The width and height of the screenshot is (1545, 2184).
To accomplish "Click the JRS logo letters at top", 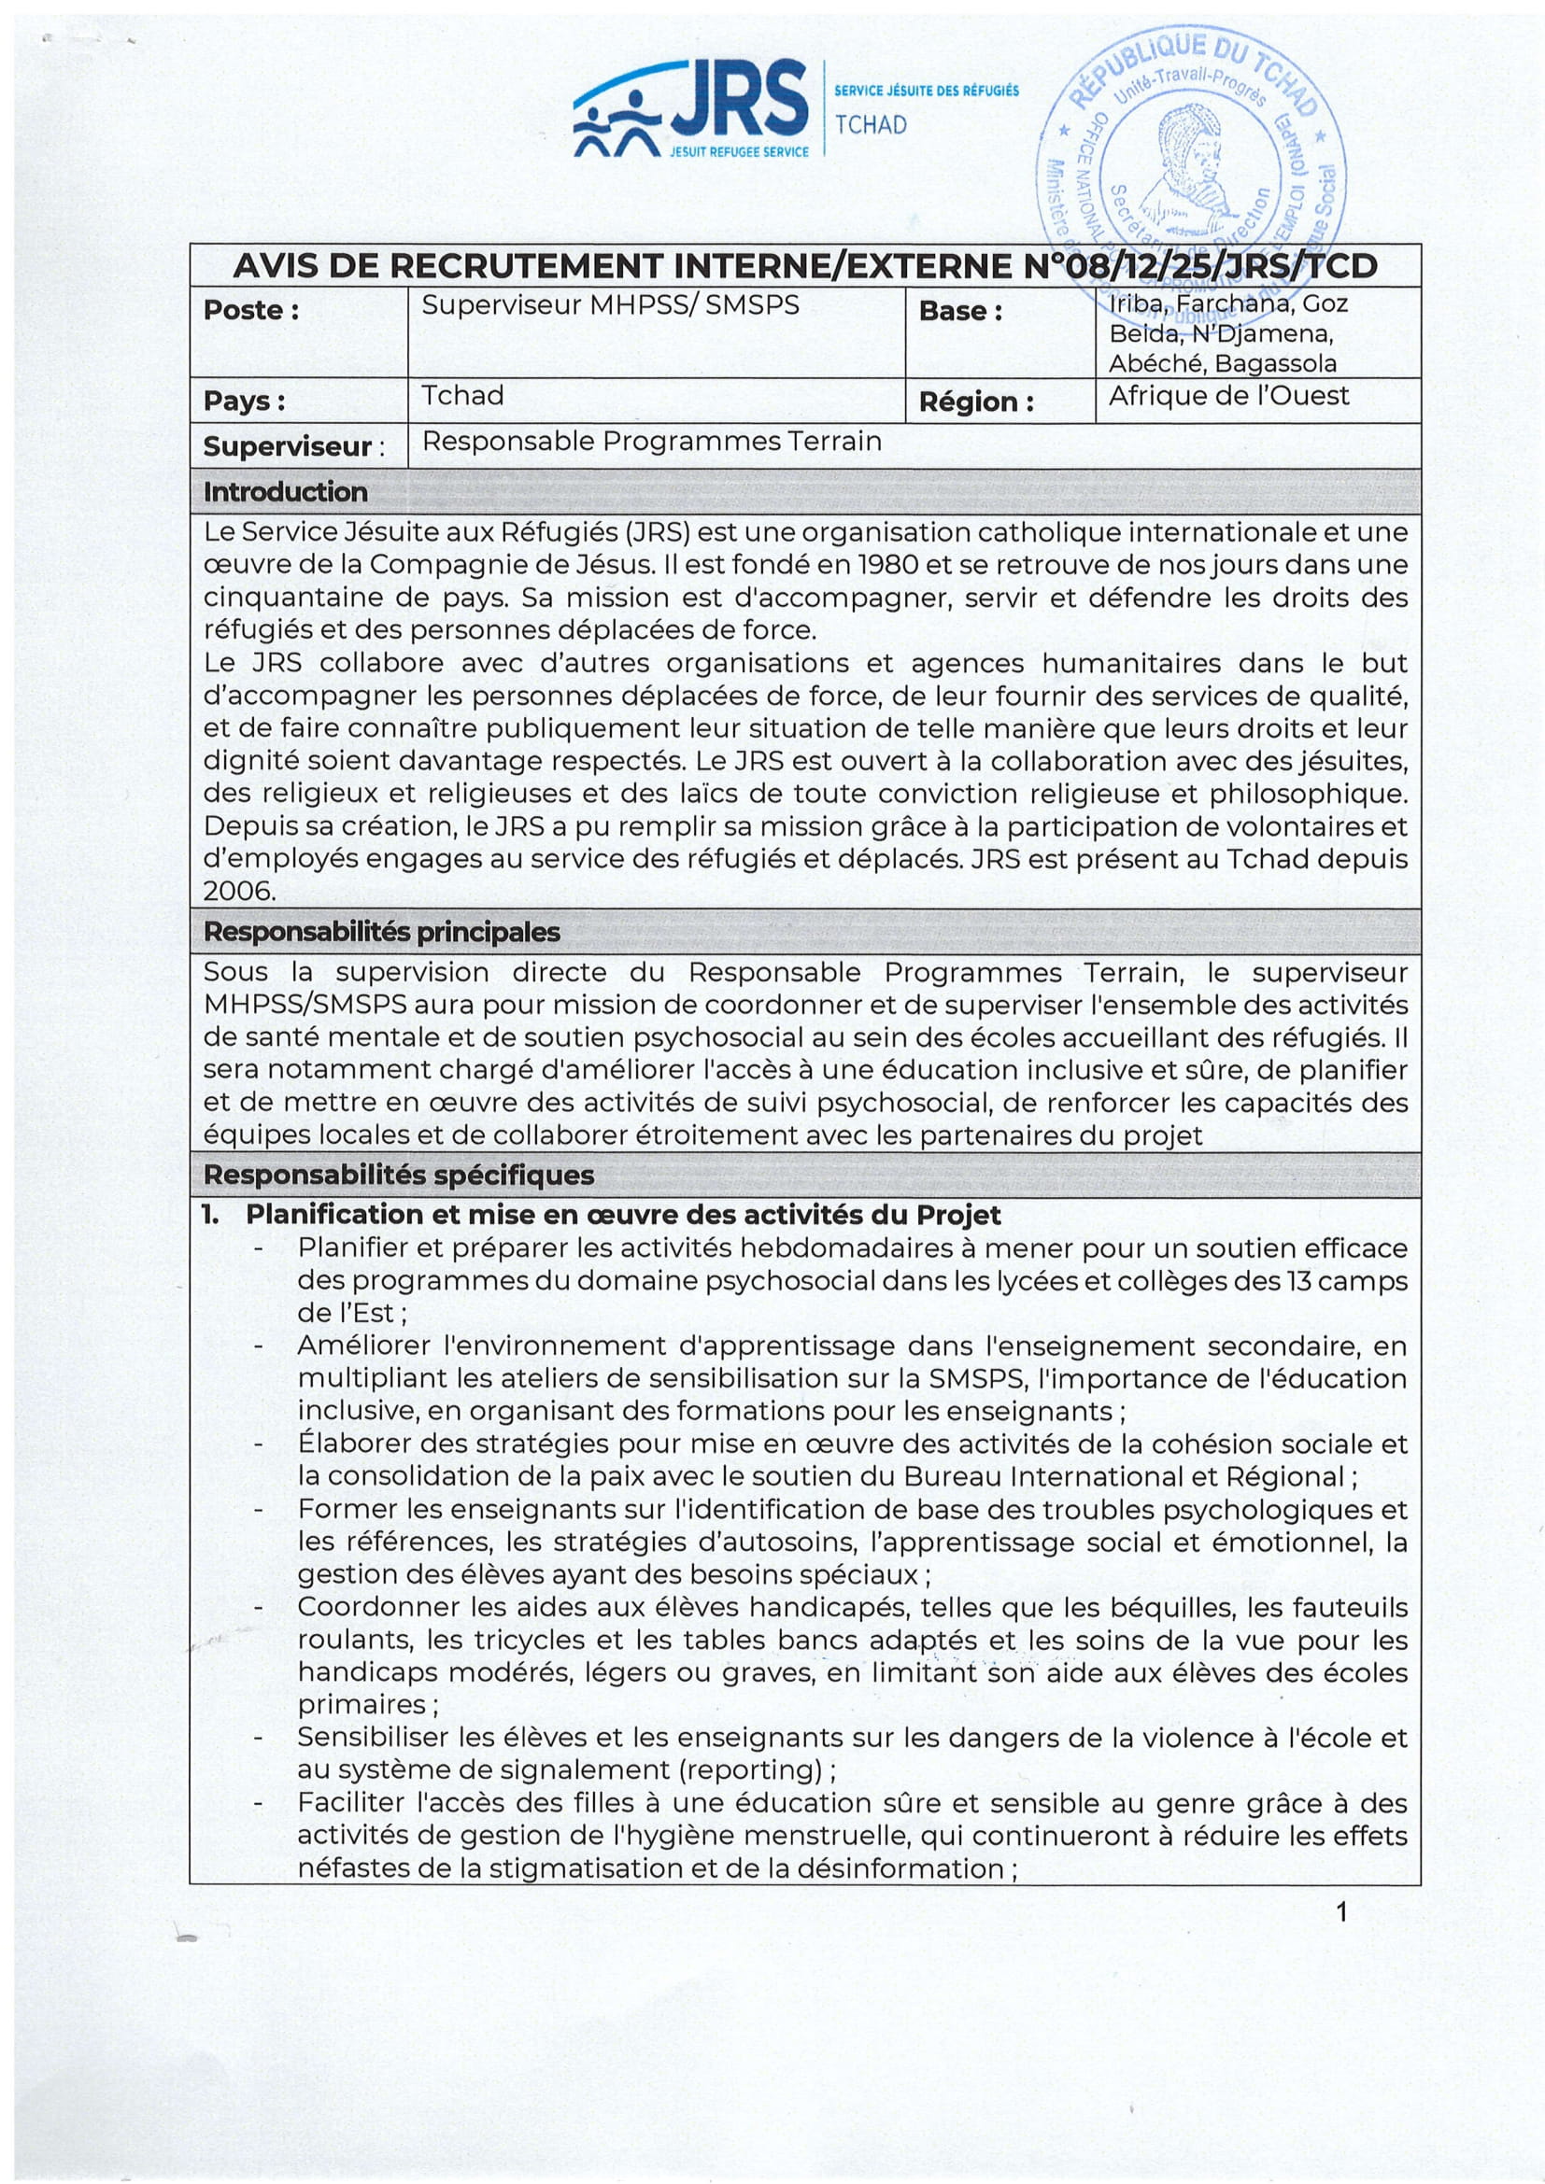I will [738, 99].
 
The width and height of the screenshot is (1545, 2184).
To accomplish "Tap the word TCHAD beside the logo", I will [871, 124].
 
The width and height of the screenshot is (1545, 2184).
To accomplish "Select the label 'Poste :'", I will [251, 310].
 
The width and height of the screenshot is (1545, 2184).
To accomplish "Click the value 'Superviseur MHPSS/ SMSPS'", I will [610, 304].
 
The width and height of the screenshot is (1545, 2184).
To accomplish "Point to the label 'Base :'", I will [960, 311].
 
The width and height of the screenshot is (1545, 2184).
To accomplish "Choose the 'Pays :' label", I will [245, 402].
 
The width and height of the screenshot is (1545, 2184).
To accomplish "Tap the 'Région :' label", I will [976, 402].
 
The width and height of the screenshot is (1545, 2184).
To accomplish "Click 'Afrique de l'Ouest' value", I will [1228, 396].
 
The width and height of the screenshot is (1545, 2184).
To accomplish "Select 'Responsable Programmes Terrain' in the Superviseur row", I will [652, 442].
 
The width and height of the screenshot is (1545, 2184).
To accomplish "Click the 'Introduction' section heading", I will [286, 492].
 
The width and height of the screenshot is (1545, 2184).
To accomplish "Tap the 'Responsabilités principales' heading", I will [381, 931].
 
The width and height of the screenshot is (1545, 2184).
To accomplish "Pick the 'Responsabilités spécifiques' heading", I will [399, 1175].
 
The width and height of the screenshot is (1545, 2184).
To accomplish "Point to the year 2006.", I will [239, 892].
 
